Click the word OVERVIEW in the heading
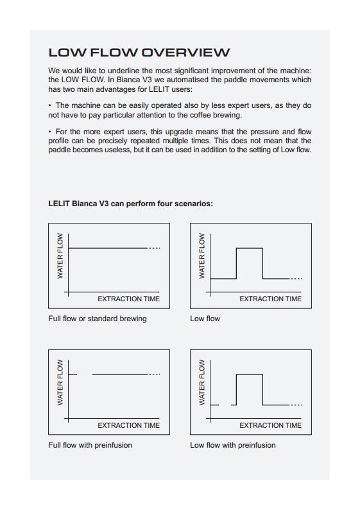(185, 53)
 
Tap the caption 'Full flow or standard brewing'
(98, 319)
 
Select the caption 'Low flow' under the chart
(205, 319)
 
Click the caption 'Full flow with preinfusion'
(90, 445)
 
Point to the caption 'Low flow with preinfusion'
(233, 445)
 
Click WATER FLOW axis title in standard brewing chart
(60, 256)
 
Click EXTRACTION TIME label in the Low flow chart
(270, 299)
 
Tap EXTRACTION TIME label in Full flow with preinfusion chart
(129, 425)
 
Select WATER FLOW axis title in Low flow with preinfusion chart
(201, 383)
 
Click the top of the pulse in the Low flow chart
(249, 248)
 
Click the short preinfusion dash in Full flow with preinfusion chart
(73, 374)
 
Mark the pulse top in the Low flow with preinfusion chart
(249, 374)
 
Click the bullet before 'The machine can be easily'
(49, 105)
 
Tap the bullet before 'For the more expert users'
(49, 132)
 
